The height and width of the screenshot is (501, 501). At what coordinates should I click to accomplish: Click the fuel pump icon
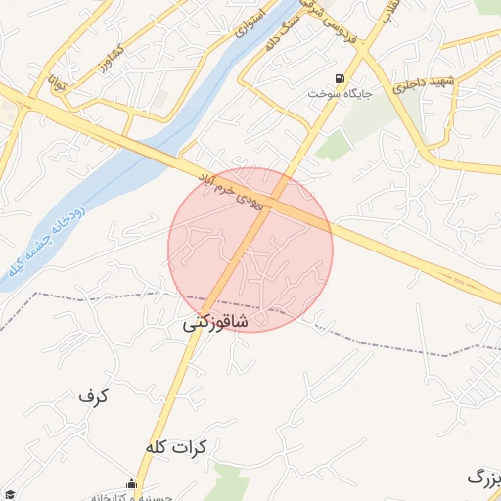click(x=340, y=78)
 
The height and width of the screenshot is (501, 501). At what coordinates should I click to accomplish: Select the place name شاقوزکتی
click(x=215, y=322)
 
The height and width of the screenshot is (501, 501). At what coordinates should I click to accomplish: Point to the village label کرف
click(x=93, y=396)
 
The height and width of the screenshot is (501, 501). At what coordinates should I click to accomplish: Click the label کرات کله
click(x=177, y=447)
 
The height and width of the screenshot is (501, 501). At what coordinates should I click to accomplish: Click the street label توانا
click(x=60, y=84)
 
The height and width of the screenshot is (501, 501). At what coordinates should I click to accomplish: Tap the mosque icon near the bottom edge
click(x=131, y=483)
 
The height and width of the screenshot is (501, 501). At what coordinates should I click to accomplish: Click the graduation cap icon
click(x=8, y=495)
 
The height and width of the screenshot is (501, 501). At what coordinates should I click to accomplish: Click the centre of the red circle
click(x=250, y=250)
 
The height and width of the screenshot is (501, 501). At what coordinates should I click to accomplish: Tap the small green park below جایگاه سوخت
click(x=334, y=147)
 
